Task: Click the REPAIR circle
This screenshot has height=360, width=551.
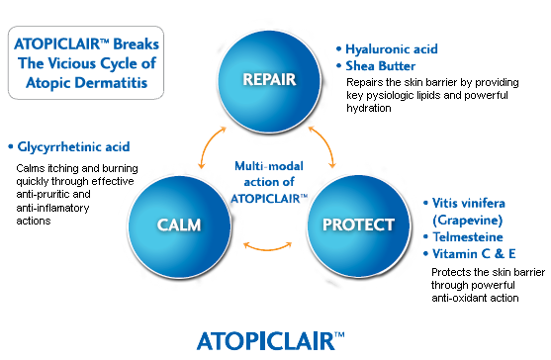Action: [x=269, y=78]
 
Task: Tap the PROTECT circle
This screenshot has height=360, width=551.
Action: [x=358, y=223]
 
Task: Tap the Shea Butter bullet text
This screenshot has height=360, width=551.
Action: [x=379, y=66]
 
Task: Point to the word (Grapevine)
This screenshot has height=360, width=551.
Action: [x=469, y=220]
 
